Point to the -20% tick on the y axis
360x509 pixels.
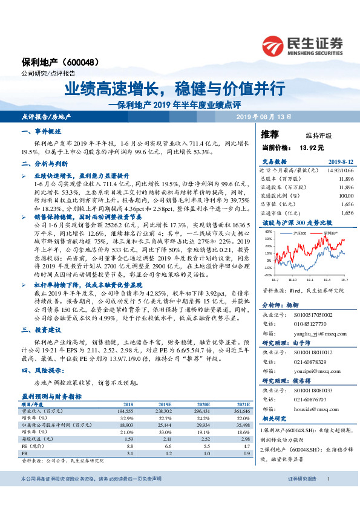267,274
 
